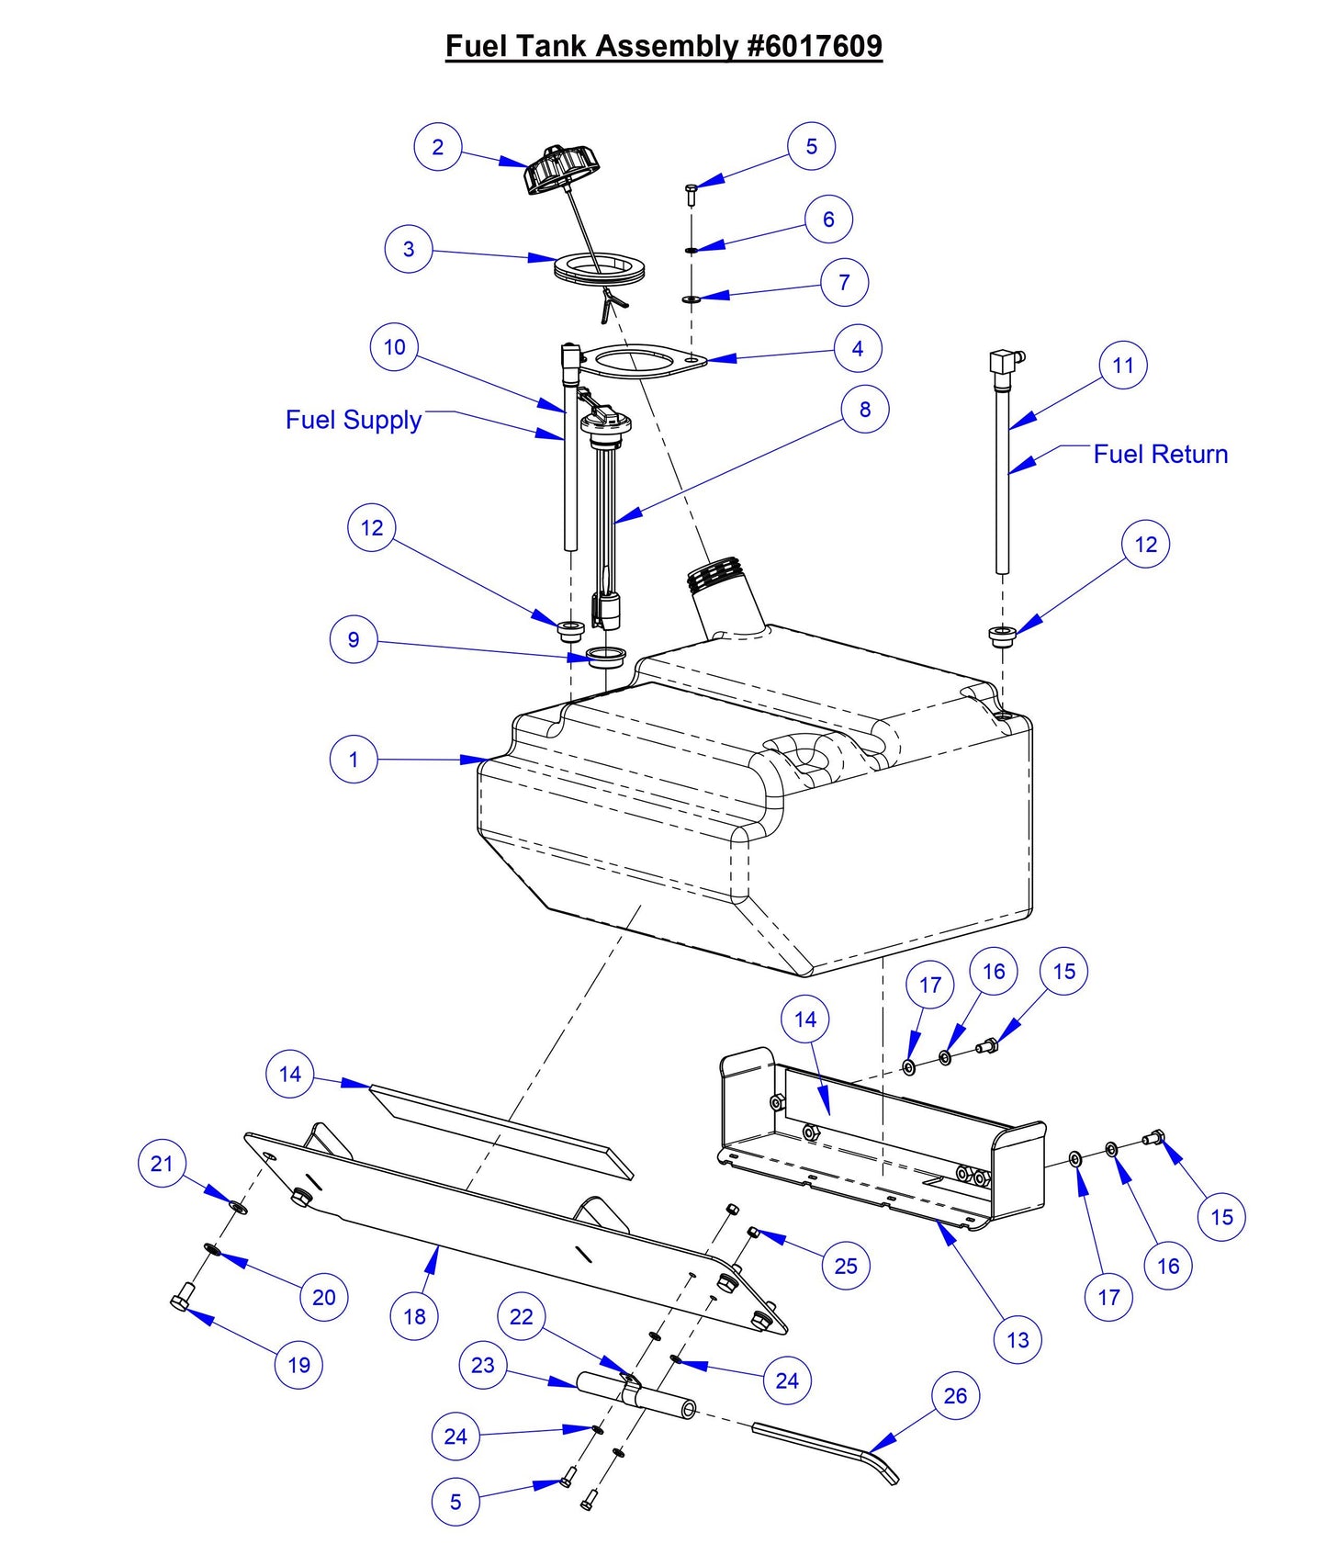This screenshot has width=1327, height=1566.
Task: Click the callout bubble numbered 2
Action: [437, 147]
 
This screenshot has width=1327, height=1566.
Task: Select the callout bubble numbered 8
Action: [864, 410]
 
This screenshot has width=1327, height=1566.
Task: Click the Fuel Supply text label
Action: [354, 420]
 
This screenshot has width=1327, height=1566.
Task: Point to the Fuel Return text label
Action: [1160, 454]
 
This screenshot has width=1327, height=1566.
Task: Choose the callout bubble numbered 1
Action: [354, 760]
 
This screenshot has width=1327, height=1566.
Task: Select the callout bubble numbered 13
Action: [1018, 1340]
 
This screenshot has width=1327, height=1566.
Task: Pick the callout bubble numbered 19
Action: [298, 1365]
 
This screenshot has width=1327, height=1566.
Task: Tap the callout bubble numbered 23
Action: [483, 1366]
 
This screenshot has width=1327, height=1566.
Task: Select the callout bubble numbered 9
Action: [354, 640]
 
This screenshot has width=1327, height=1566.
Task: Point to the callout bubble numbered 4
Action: [857, 349]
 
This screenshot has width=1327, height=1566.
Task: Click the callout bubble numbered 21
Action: [162, 1164]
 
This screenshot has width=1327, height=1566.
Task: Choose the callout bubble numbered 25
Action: [845, 1266]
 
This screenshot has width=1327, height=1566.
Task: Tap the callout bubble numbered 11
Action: [1122, 366]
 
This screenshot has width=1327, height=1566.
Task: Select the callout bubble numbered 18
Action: [414, 1316]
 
